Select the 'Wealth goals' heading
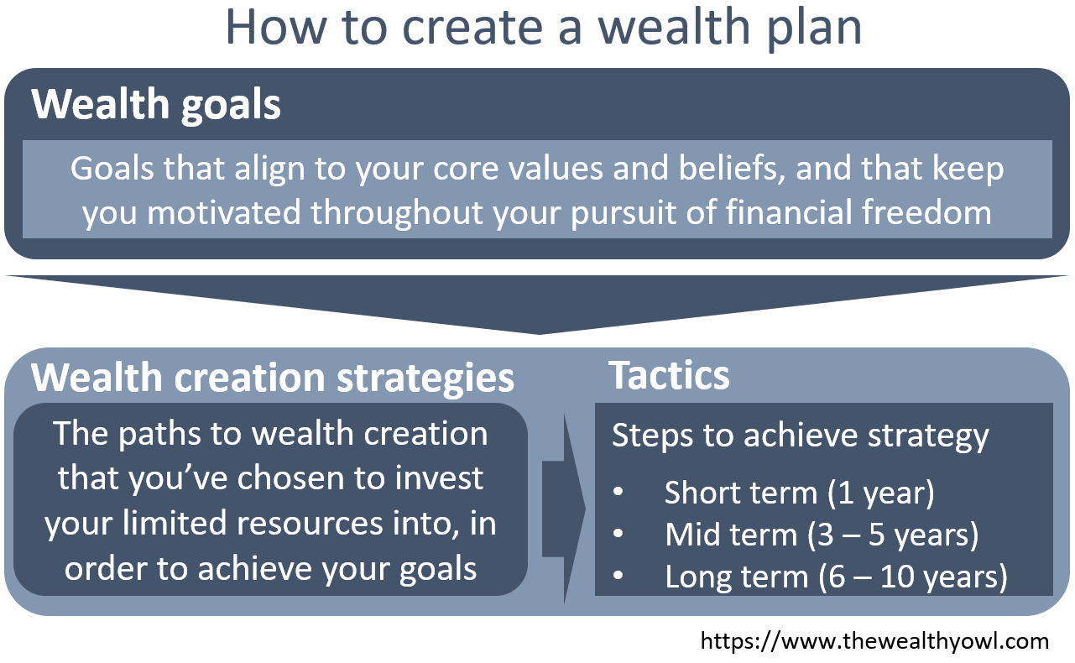pyautogui.click(x=156, y=106)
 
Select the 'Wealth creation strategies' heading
pyautogui.click(x=273, y=378)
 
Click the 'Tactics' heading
pyautogui.click(x=669, y=375)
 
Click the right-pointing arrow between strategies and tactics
pyautogui.click(x=564, y=508)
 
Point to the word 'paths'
pyautogui.click(x=155, y=434)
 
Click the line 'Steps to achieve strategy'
pyautogui.click(x=800, y=436)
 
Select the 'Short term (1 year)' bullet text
pyautogui.click(x=799, y=493)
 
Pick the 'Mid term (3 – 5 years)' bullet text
pyautogui.click(x=821, y=535)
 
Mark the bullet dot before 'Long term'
pyautogui.click(x=618, y=577)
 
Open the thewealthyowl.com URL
pyautogui.click(x=874, y=642)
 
